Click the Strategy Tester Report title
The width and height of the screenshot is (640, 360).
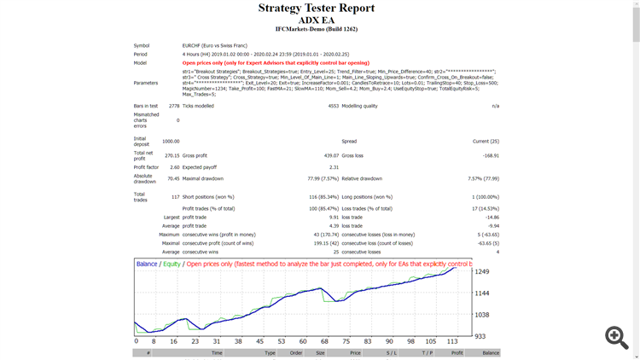317,9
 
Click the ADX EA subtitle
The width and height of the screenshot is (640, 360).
317,20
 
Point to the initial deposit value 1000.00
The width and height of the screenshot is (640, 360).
171,141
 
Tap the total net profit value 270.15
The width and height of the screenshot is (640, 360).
171,156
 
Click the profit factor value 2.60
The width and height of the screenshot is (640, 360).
172,167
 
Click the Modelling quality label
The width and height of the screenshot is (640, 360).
364,106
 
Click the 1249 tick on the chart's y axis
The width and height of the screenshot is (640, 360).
483,272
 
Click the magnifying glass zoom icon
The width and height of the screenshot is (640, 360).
616,337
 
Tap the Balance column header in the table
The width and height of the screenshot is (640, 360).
490,352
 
